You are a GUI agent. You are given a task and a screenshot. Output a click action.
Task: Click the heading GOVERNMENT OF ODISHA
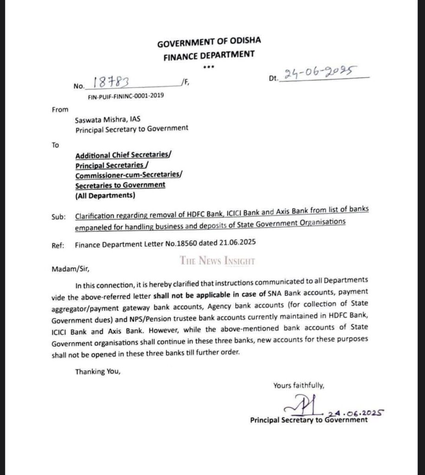[209, 43]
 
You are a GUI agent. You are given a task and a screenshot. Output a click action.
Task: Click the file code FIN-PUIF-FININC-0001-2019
[125, 96]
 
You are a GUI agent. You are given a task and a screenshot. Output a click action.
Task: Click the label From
[60, 109]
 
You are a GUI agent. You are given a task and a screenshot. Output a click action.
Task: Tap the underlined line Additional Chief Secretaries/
[123, 155]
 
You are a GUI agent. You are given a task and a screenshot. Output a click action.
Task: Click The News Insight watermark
[218, 261]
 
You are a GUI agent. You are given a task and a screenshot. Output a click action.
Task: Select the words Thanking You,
[98, 371]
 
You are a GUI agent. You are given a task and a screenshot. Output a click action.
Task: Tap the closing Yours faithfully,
[299, 385]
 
